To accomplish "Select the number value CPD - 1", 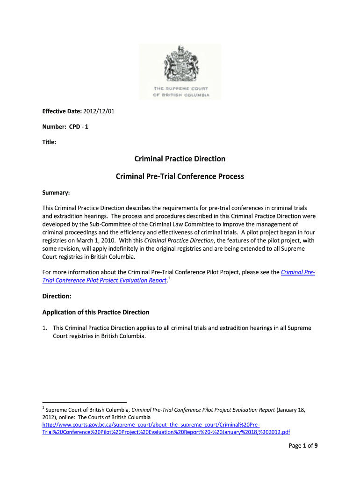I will click(x=79, y=126).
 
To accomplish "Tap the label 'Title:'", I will click(x=49, y=142).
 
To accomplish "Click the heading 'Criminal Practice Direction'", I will click(x=180, y=159).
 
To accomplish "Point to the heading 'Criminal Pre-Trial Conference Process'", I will click(x=180, y=177).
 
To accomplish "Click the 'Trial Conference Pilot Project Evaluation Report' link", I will click(x=104, y=280).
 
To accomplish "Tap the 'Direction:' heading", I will click(x=57, y=296).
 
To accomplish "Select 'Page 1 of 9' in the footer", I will click(x=303, y=446).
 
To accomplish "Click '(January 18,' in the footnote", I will click(x=291, y=410).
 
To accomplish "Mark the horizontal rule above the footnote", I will click(x=85, y=402).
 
